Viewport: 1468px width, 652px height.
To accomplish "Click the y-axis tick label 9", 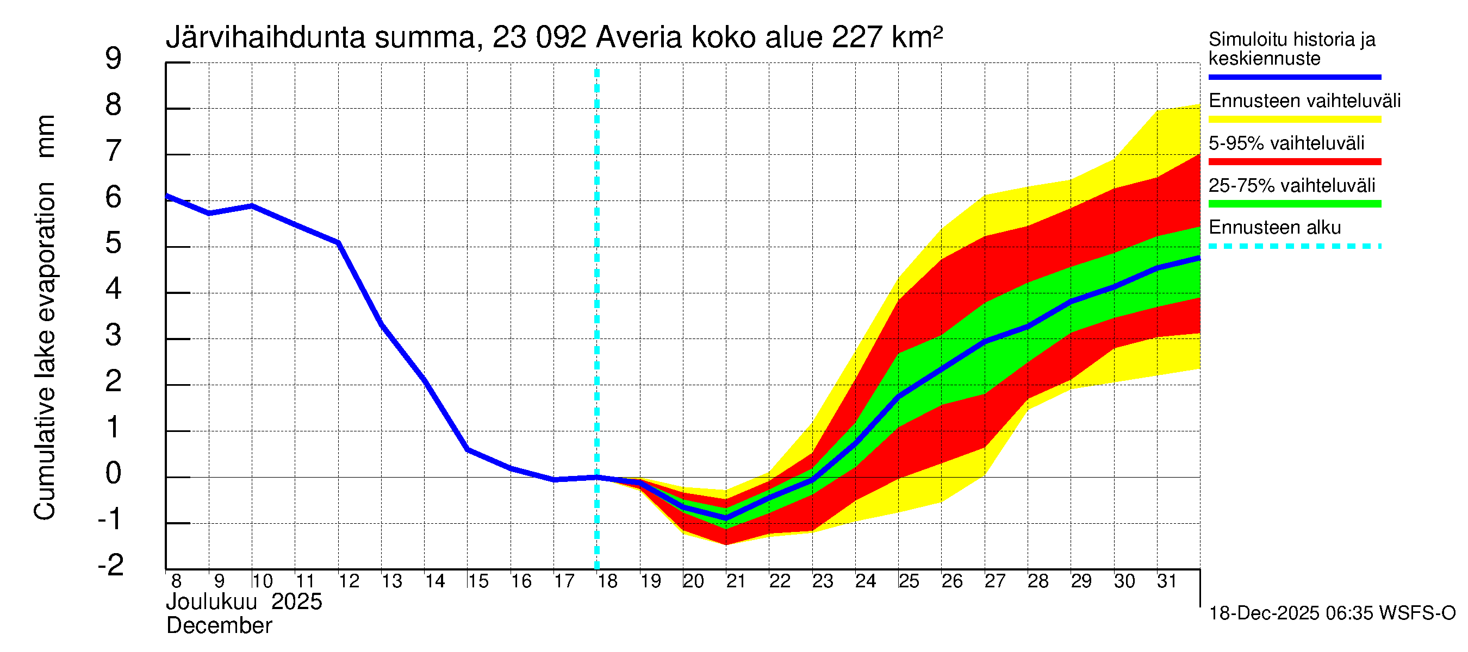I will click(x=114, y=59).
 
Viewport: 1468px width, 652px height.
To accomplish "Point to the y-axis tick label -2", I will click(x=110, y=566).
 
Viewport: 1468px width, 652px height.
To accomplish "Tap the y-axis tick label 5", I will click(x=114, y=243).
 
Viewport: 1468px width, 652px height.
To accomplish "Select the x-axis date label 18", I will click(x=607, y=581).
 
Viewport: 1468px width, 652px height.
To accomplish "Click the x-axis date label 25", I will click(x=909, y=581).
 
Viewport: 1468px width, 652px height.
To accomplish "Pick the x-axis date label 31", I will click(x=1167, y=581).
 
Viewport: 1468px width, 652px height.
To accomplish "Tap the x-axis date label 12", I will click(x=349, y=581).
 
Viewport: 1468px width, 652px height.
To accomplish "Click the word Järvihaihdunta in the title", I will click(x=265, y=38).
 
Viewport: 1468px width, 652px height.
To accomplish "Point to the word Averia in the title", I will click(x=638, y=38).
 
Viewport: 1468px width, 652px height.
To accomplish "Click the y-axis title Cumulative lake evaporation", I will click(x=45, y=351).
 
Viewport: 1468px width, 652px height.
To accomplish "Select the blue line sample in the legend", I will click(x=1294, y=77).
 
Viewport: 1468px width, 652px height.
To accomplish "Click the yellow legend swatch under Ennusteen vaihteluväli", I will click(x=1294, y=120).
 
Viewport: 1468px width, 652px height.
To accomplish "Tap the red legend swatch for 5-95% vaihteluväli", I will click(x=1294, y=162).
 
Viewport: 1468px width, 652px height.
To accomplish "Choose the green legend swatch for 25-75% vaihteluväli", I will click(x=1294, y=204).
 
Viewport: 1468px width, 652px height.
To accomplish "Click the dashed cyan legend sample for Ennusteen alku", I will click(x=1294, y=247).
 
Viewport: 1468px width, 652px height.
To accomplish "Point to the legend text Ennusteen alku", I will click(x=1274, y=228).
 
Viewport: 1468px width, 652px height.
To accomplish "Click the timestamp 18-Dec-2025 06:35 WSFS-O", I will click(x=1332, y=613).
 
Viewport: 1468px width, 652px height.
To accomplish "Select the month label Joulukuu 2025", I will click(x=244, y=602).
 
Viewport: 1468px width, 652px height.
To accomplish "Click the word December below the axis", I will click(x=219, y=626).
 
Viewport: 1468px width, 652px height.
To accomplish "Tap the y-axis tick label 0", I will click(x=114, y=473).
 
